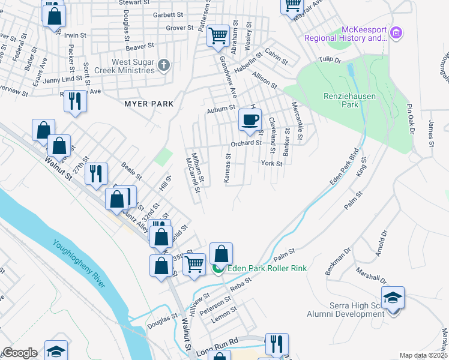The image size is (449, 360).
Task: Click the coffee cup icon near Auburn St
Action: click(x=250, y=119)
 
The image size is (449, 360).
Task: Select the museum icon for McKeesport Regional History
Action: click(x=396, y=32)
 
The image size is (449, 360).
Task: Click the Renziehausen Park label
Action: click(x=331, y=100)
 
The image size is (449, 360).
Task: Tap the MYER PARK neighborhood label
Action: click(x=149, y=104)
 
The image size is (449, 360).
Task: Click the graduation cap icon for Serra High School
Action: click(x=393, y=298)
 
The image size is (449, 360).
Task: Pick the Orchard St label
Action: click(x=246, y=143)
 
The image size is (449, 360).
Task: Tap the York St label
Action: click(x=271, y=163)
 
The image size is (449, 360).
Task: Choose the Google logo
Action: click(x=20, y=353)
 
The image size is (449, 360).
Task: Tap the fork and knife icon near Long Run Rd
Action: click(x=277, y=344)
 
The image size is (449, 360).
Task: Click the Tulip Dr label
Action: click(x=330, y=61)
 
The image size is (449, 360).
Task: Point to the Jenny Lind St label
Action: click(x=62, y=79)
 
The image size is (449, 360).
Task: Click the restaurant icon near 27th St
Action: click(x=96, y=174)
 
